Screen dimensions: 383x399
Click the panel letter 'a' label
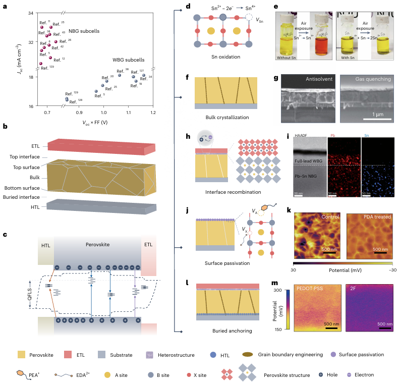click(x=5, y=6)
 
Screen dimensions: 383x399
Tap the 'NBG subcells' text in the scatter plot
click(x=85, y=31)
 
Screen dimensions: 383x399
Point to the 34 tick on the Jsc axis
click(x=31, y=13)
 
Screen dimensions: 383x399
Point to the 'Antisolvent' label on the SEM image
click(x=321, y=79)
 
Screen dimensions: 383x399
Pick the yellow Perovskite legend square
click(x=21, y=355)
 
